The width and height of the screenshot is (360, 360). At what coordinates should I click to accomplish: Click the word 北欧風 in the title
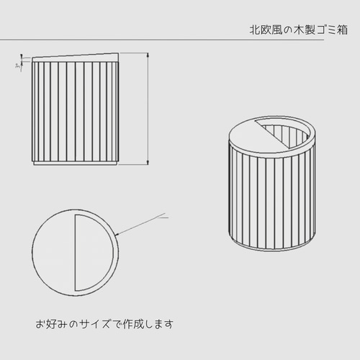tap(261, 31)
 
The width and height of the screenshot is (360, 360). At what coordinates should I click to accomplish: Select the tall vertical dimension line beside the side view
tap(148, 108)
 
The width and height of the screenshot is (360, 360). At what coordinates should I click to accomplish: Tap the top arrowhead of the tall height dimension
tap(148, 55)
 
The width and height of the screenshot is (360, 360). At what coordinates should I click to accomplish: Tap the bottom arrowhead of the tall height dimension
tap(148, 163)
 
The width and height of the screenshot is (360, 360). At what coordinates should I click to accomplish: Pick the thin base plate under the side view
tap(74, 165)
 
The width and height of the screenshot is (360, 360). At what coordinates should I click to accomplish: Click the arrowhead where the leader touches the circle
tap(114, 234)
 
